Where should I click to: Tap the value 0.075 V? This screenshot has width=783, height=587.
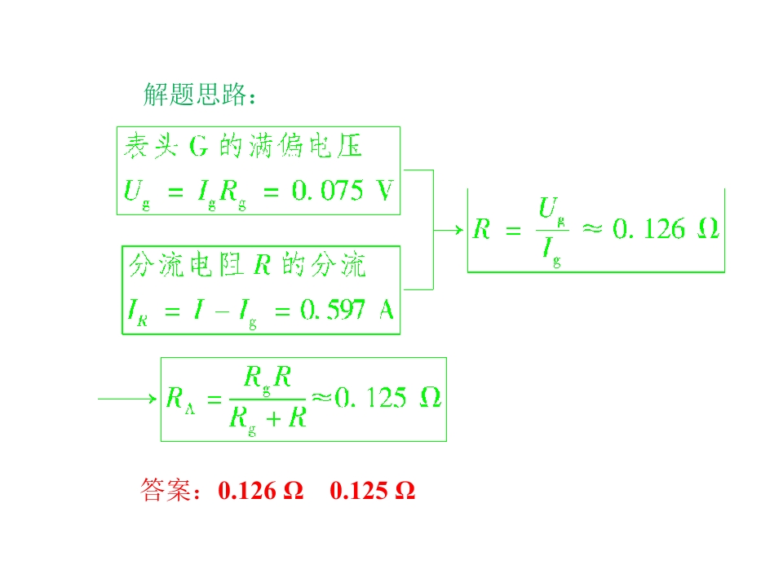343,191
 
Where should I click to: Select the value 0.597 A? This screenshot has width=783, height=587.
347,310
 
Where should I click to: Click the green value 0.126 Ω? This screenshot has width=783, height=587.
666,228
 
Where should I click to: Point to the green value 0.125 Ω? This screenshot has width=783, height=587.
388,398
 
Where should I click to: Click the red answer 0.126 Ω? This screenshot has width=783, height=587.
261,491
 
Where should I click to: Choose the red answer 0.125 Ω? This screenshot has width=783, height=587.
373,491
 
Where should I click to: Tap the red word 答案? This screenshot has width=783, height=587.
166,490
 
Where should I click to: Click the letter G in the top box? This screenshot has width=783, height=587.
198,147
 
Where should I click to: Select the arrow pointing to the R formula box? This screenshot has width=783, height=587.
449,230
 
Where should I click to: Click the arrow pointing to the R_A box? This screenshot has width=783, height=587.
127,399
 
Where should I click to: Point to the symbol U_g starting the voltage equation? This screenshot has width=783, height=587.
136,194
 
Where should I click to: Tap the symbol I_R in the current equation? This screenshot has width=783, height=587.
137,312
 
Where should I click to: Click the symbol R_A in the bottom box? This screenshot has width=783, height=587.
180,400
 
